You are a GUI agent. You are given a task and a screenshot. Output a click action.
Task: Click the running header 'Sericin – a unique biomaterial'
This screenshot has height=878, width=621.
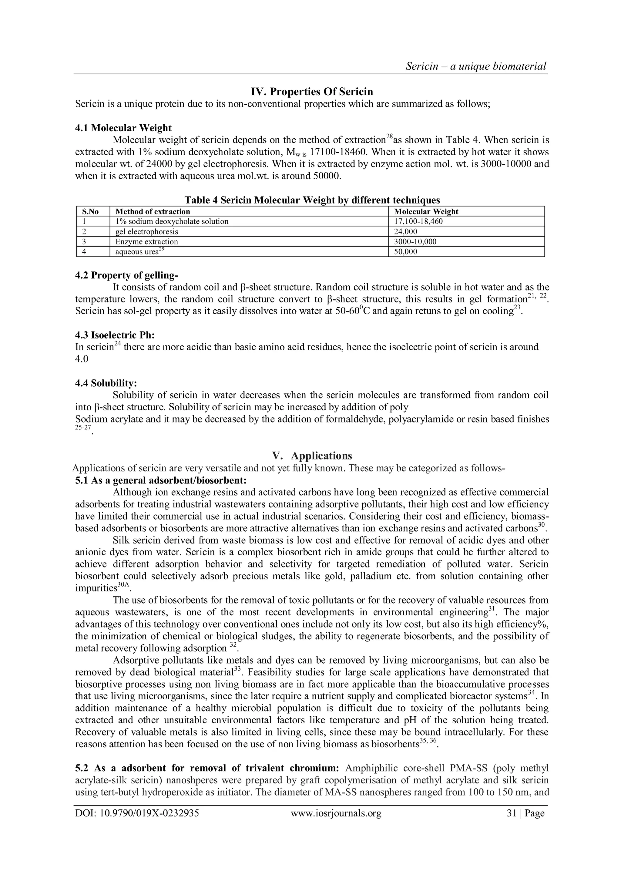click(476, 66)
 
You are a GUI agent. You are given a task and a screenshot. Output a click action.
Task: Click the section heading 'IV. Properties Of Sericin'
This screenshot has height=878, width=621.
click(312, 92)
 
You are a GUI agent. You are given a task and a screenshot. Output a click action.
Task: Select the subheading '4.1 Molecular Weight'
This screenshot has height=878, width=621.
click(123, 128)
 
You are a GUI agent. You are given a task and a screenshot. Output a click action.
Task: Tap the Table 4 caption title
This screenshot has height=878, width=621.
click(312, 200)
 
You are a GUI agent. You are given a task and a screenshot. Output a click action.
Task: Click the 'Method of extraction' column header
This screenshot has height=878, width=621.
click(153, 211)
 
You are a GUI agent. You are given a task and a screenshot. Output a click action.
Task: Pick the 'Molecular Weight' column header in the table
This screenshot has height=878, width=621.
click(426, 211)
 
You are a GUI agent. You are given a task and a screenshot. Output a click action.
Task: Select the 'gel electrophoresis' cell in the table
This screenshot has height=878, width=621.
click(146, 231)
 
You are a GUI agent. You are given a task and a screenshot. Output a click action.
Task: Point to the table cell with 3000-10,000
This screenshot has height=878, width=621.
click(415, 242)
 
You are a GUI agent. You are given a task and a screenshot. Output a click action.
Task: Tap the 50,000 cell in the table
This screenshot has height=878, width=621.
click(405, 252)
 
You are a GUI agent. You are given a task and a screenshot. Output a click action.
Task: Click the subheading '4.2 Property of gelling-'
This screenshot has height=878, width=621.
click(126, 275)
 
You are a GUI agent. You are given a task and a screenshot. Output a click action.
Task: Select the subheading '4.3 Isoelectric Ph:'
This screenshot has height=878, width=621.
click(115, 335)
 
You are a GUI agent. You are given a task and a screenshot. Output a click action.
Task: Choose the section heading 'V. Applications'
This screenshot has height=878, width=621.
click(312, 456)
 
